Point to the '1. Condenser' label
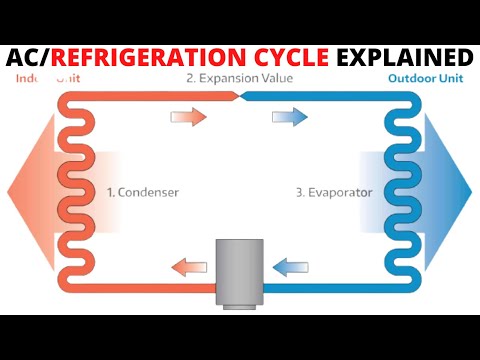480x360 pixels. pyautogui.click(x=144, y=190)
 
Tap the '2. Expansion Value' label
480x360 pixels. pyautogui.click(x=239, y=77)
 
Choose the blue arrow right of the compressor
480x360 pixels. pyautogui.click(x=292, y=266)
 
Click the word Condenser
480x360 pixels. pyautogui.click(x=151, y=190)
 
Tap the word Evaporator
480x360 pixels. pyautogui.click(x=342, y=190)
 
